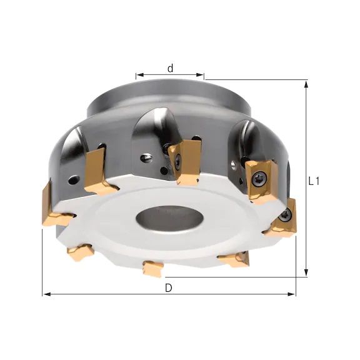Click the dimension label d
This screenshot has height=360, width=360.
[x=170, y=68]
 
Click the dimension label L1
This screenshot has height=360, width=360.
[x=314, y=182]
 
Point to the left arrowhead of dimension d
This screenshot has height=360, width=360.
[x=140, y=75]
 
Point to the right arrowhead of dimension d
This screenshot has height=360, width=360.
[x=200, y=74]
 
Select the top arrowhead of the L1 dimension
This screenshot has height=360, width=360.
[x=306, y=84]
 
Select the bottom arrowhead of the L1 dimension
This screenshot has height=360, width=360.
[x=306, y=273]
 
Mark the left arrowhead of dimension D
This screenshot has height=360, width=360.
[x=47, y=294]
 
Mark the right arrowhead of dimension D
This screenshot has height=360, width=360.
[x=292, y=294]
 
